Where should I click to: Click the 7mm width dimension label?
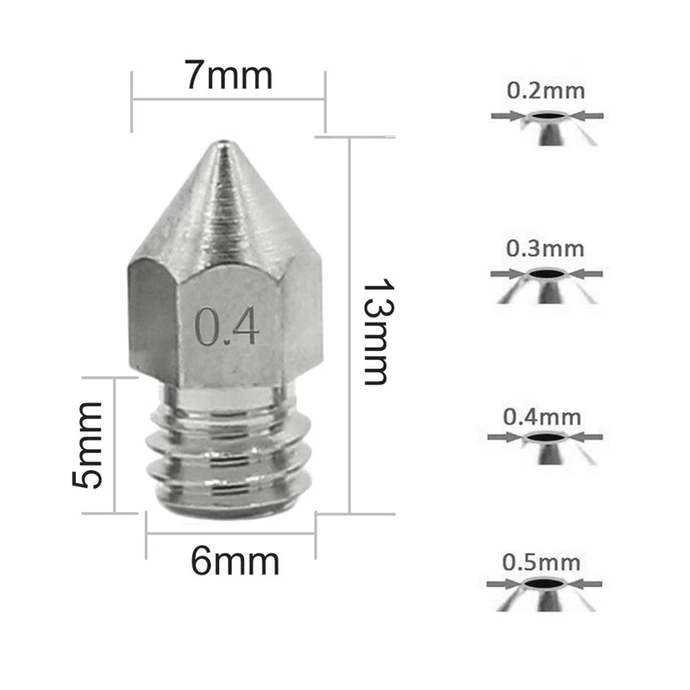pos(229,76)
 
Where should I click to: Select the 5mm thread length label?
pos(89,444)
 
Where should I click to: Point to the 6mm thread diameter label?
pos(235,562)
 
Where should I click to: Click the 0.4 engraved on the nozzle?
pos(227,325)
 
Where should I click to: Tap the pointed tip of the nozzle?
pos(223,147)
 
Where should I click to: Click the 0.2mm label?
pos(545,91)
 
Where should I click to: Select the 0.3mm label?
pos(545,249)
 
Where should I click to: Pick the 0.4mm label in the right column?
pos(542,417)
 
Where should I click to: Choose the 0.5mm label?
pos(542,563)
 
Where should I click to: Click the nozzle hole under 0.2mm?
pos(546,116)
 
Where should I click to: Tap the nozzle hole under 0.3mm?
pos(546,274)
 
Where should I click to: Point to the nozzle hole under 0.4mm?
pos(543,437)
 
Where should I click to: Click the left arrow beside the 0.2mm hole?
pos(505,116)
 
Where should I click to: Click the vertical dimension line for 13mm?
pos(349,328)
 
